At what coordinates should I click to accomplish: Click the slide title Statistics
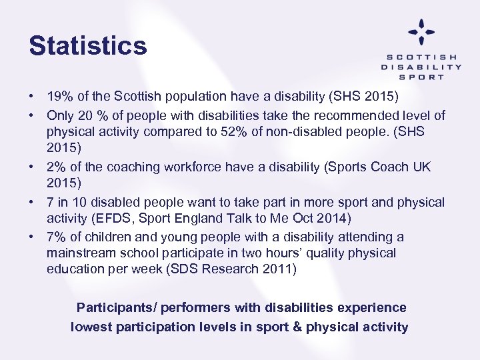87,46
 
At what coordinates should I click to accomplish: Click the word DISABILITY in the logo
421,67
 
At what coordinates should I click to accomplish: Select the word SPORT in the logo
421,77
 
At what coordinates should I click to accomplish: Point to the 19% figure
59,98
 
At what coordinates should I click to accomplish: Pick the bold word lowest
93,327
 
